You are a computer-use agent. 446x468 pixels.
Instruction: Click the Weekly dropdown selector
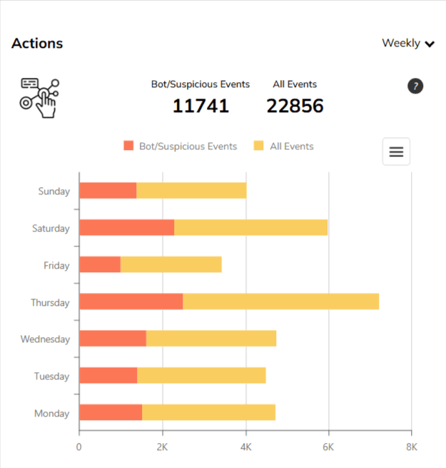(x=408, y=44)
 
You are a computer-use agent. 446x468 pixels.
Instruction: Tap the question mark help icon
(x=415, y=86)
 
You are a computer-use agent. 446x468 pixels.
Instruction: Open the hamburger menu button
(x=396, y=151)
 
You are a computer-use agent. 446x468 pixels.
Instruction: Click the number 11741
(x=201, y=106)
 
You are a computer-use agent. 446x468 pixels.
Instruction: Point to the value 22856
(x=295, y=106)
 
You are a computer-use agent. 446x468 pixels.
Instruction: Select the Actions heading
(x=37, y=44)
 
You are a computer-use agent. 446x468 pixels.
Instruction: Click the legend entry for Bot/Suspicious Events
(x=180, y=146)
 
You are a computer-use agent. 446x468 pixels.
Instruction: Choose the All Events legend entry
(x=283, y=146)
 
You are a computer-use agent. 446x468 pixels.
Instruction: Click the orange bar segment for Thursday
(x=131, y=302)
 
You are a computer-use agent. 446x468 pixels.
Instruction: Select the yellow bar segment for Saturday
(x=250, y=228)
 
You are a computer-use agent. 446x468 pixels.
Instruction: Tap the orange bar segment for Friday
(x=99, y=265)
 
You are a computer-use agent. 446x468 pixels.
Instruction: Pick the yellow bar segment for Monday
(x=208, y=413)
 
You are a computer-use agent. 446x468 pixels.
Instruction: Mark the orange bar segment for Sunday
(x=107, y=191)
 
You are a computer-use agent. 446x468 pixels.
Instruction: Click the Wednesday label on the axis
(x=45, y=339)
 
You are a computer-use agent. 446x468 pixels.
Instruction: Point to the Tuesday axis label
(x=51, y=377)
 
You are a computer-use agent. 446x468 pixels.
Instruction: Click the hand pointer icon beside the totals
(x=39, y=98)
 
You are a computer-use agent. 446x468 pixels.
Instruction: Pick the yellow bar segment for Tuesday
(x=201, y=376)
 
